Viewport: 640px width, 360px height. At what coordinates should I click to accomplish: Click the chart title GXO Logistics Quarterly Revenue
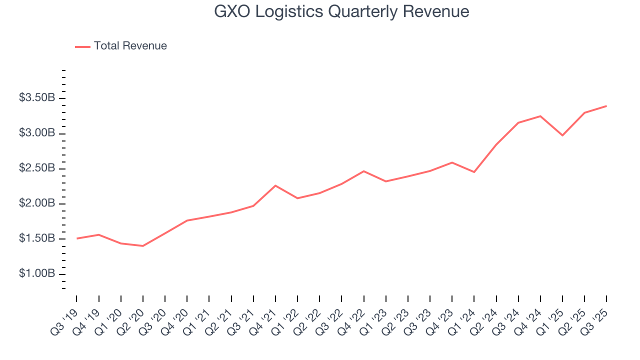click(341, 11)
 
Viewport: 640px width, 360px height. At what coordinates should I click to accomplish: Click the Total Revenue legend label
click(130, 46)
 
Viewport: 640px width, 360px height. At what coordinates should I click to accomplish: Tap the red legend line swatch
click(82, 46)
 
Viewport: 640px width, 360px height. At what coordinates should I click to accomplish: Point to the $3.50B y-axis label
click(37, 98)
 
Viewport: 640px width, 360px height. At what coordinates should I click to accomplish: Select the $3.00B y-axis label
click(37, 133)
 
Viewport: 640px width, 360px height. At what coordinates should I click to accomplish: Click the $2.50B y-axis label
click(37, 168)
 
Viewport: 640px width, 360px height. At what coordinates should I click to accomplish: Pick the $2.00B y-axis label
click(37, 204)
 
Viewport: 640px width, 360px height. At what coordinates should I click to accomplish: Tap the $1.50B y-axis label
click(37, 239)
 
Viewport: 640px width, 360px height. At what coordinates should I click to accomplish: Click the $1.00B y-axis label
click(37, 274)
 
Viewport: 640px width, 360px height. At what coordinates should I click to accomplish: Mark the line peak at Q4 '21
click(275, 185)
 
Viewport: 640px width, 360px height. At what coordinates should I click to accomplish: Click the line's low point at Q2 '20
click(143, 246)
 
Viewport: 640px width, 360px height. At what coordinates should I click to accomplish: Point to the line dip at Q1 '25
click(562, 135)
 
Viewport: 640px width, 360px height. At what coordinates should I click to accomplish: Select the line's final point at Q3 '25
click(606, 106)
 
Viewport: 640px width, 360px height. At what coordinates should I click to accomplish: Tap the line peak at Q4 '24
click(540, 116)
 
